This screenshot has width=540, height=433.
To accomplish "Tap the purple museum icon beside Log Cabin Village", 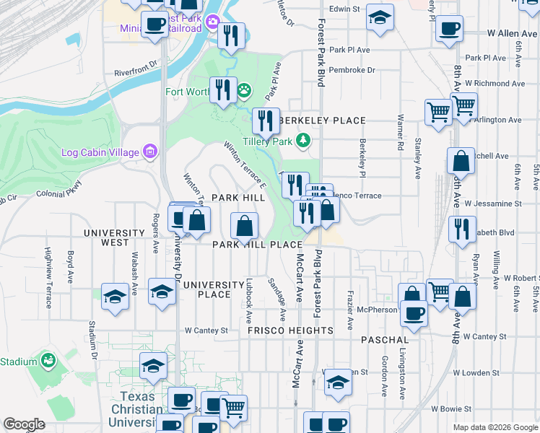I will [x=150, y=152].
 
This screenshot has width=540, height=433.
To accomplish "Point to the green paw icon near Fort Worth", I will [x=245, y=91].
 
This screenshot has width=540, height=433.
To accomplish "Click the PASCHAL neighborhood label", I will [x=386, y=339].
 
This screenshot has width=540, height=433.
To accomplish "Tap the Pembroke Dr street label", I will [x=352, y=70].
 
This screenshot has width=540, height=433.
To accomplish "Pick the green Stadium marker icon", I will [x=48, y=359].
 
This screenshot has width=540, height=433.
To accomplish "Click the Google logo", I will [x=24, y=424].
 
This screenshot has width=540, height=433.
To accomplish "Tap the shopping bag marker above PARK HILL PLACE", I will [x=245, y=225].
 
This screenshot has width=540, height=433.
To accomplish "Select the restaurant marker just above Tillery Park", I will [x=266, y=121].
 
